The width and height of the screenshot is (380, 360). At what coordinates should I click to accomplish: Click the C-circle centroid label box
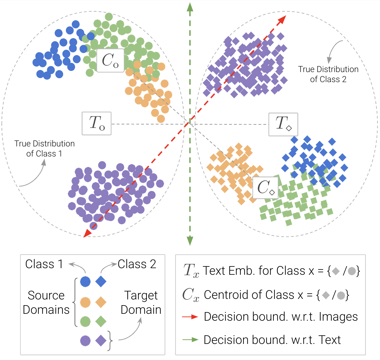[110, 60]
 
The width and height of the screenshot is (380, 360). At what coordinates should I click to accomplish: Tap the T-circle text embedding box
[96, 123]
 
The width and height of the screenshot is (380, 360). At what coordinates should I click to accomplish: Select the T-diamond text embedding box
[283, 124]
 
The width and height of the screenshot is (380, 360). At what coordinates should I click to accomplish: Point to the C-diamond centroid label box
[265, 188]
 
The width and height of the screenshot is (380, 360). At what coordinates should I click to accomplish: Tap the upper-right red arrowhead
[282, 19]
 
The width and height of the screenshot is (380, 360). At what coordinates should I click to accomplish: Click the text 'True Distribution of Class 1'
[44, 148]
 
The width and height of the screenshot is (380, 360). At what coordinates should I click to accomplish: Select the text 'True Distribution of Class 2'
[328, 74]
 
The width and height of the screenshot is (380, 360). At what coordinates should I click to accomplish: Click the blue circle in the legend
[85, 282]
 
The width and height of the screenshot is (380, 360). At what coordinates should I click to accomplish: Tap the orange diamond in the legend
[101, 302]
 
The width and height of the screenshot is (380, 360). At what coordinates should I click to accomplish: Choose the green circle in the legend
[85, 321]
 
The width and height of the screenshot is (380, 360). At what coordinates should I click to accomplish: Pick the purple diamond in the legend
[101, 341]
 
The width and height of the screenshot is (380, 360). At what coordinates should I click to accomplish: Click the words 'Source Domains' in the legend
[46, 303]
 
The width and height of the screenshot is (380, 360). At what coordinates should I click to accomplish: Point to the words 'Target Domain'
[141, 303]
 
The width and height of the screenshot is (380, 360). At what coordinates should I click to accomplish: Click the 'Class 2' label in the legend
[137, 264]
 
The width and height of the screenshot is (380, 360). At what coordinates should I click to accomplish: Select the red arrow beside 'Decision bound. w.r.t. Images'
[190, 317]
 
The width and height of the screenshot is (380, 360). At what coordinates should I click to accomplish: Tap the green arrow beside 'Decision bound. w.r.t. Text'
[190, 340]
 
